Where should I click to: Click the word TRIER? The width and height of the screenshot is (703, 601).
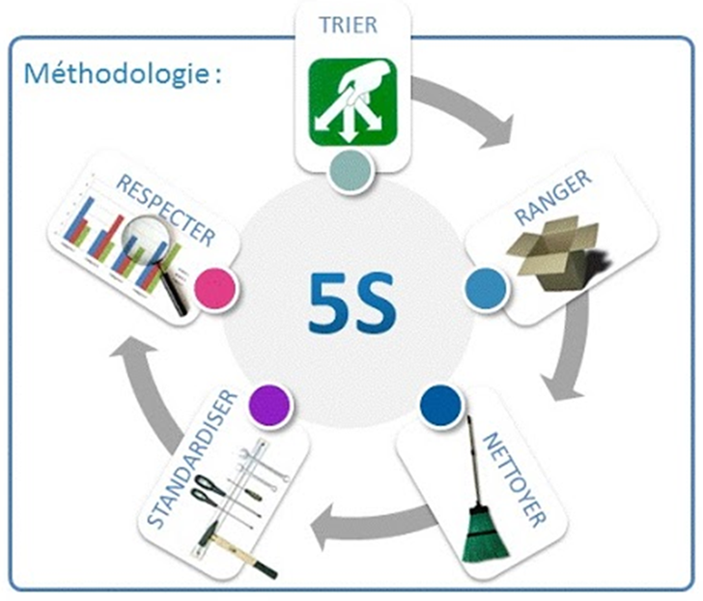point(348,25)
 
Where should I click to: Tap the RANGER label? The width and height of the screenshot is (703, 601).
point(553,198)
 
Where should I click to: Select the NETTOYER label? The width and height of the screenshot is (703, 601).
point(514,479)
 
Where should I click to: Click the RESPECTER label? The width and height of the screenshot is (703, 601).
point(165,210)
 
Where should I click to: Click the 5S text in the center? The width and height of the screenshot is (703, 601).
point(352,302)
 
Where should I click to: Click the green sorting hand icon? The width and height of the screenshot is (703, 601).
point(352,102)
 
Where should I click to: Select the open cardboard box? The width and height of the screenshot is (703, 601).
point(558,252)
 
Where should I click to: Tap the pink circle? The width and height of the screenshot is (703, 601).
point(215,288)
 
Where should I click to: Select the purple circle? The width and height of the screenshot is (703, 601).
point(269,405)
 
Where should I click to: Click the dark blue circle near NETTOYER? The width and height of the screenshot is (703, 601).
point(440,405)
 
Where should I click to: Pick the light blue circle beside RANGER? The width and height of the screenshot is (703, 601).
point(487,288)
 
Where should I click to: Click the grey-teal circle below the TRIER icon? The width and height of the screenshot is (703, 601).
point(351,172)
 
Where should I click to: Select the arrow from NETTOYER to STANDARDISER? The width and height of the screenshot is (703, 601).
point(377,523)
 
